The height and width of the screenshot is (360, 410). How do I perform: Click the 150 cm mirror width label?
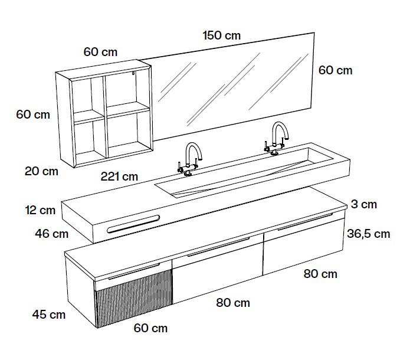point(221,35)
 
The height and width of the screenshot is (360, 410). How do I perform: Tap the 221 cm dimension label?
point(119,176)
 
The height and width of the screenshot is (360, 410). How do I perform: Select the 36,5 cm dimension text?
point(369,234)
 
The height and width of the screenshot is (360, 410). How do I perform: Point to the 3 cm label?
point(364,204)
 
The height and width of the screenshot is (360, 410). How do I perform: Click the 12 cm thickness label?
point(41,210)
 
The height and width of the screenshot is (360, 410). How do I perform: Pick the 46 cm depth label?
point(52,233)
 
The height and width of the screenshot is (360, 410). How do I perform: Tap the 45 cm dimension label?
point(49,314)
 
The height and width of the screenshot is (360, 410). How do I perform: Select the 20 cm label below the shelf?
point(41,171)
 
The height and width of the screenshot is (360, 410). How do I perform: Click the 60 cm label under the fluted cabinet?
point(150,328)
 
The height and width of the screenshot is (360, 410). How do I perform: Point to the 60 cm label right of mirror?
point(336,70)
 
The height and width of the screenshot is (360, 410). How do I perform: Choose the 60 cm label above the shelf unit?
point(100,52)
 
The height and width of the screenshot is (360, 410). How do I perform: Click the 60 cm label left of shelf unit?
point(33,114)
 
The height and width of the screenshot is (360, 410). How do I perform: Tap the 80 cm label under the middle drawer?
point(233,303)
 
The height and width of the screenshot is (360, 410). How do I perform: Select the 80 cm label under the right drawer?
point(320,274)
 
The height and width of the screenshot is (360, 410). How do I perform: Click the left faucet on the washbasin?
point(190,159)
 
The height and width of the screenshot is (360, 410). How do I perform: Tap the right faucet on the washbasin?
point(276,139)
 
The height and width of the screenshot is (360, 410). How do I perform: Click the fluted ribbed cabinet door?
point(133,298)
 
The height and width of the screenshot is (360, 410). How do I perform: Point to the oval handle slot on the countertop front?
point(133,224)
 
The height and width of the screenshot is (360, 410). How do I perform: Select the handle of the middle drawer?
point(219,247)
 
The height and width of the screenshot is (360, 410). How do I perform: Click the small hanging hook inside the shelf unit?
point(133,73)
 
